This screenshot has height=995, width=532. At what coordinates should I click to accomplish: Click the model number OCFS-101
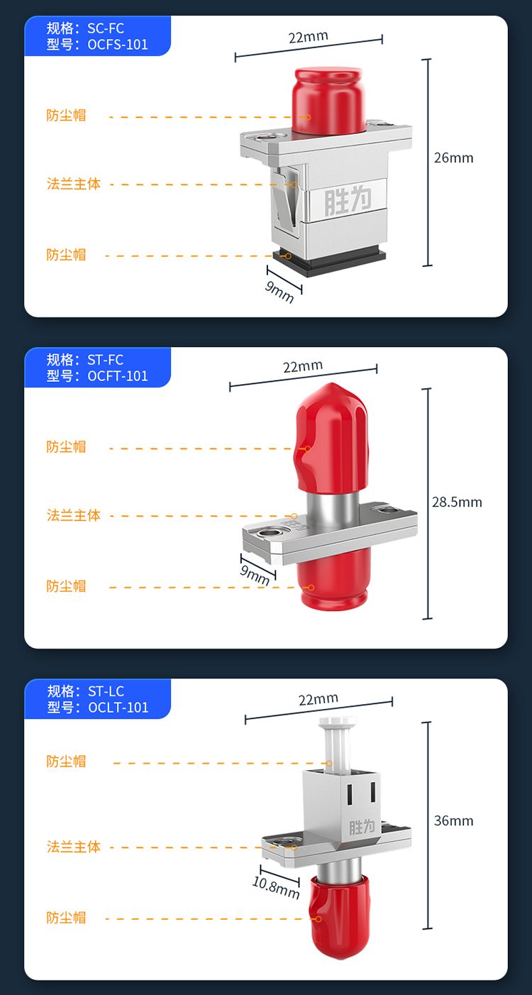(x=118, y=45)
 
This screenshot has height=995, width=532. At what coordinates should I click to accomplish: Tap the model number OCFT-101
(x=118, y=376)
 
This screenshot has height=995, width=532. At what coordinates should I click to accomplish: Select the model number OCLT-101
(x=118, y=707)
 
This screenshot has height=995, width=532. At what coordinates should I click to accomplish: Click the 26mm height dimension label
(x=453, y=158)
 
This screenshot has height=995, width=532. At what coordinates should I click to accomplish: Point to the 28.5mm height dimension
(x=457, y=502)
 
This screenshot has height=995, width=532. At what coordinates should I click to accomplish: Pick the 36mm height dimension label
(x=453, y=820)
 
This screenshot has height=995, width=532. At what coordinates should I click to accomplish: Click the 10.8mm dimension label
(x=276, y=888)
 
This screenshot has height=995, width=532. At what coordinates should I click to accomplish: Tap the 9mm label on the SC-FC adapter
(x=279, y=292)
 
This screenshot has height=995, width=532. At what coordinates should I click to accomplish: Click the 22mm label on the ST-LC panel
(x=318, y=699)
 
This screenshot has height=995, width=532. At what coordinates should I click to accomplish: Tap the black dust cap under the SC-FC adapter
(x=329, y=262)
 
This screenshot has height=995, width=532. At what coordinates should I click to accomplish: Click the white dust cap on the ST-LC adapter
(x=337, y=743)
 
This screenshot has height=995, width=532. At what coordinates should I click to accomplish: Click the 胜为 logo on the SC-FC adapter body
(x=348, y=200)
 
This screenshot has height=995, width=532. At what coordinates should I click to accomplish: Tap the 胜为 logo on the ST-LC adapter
(x=362, y=827)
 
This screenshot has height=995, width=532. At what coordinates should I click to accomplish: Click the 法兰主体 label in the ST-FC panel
(x=74, y=515)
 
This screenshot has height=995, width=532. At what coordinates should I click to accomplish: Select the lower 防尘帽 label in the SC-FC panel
(x=66, y=255)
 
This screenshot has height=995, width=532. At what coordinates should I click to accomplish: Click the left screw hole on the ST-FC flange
(x=268, y=532)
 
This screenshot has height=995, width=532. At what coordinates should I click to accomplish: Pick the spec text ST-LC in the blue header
(x=106, y=691)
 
